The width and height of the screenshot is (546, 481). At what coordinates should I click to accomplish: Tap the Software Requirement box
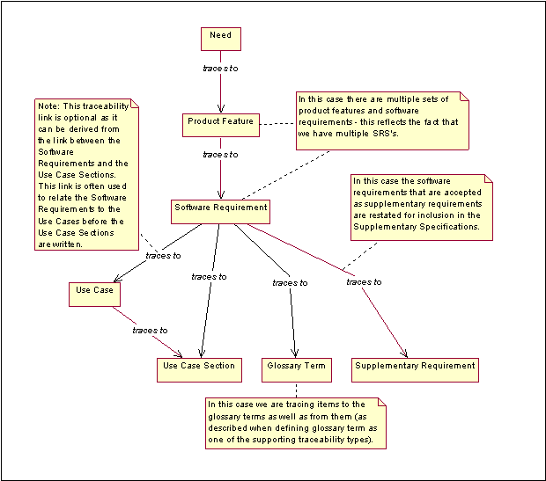pyautogui.click(x=220, y=211)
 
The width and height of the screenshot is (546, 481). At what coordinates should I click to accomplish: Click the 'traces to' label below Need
pyautogui.click(x=220, y=68)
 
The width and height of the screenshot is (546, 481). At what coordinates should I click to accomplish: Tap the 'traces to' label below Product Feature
pyautogui.click(x=220, y=155)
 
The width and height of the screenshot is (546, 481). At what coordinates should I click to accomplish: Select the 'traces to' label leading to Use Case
pyautogui.click(x=164, y=256)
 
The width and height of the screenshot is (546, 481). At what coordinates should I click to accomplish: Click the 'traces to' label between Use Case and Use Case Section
pyautogui.click(x=150, y=330)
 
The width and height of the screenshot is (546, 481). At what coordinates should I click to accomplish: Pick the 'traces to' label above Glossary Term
pyautogui.click(x=291, y=283)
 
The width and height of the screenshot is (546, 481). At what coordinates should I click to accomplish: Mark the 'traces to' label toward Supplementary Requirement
pyautogui.click(x=364, y=281)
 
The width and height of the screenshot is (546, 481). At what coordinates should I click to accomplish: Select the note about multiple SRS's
pyautogui.click(x=380, y=121)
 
